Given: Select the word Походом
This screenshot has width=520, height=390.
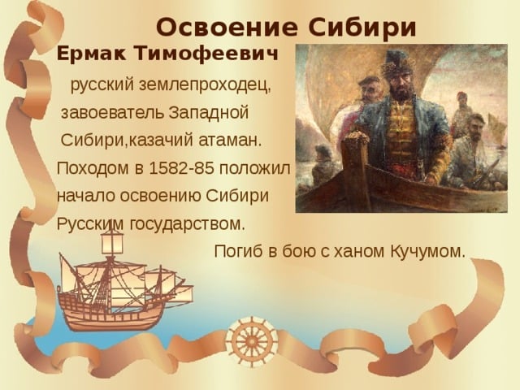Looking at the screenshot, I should click(x=89, y=168).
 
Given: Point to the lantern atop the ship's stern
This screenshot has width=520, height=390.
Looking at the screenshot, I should click(x=111, y=240).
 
